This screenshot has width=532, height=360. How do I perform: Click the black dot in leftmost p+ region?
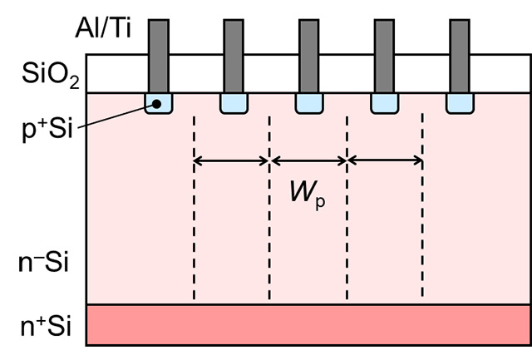[155, 103]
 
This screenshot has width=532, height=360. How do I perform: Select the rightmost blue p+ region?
[459, 104]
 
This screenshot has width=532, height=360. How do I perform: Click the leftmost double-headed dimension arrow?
[231, 160]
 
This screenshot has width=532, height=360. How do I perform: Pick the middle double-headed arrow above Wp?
[308, 160]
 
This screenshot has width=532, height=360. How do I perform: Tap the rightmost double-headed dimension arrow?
[385, 160]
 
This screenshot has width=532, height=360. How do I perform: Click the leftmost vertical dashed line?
[194, 208]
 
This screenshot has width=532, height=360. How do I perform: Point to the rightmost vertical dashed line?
[423, 208]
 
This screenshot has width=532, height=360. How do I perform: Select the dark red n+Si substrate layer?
[308, 325]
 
